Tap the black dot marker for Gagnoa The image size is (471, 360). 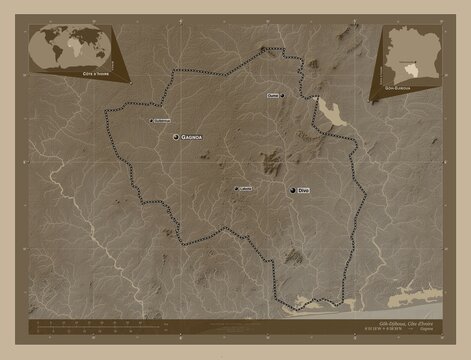(x=177, y=137)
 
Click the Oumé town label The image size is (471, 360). (x=273, y=95)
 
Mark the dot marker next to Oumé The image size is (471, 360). (x=283, y=95)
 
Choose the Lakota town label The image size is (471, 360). (x=245, y=187)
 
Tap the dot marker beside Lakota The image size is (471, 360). (x=236, y=188)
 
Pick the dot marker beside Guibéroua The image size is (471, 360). (x=150, y=121)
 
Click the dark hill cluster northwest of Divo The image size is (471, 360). (x=270, y=158)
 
